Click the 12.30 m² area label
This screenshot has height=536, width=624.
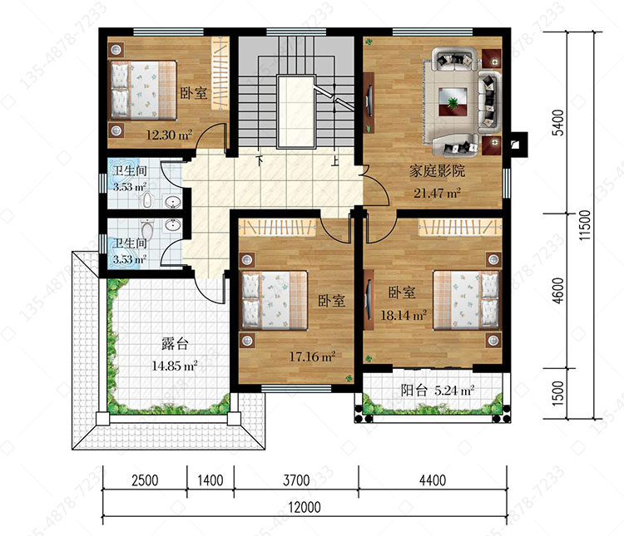[169, 135]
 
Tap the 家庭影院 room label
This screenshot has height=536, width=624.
[437, 171]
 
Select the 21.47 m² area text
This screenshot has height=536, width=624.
[437, 194]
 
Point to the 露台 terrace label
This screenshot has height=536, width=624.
[175, 343]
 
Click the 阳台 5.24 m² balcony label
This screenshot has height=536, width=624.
[438, 391]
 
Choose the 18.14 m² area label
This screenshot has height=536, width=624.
[404, 316]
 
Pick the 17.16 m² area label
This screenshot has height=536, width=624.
[312, 357]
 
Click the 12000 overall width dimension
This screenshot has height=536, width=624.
[305, 508]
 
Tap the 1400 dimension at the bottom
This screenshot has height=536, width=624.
[210, 480]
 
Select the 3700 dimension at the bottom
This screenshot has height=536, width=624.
[296, 480]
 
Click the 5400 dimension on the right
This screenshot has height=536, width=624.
[559, 122]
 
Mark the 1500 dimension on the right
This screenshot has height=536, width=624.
[559, 393]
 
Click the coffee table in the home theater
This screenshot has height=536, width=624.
[453, 102]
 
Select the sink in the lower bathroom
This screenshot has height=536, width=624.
[173, 226]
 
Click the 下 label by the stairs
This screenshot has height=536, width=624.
[260, 160]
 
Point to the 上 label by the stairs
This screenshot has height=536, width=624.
[335, 160]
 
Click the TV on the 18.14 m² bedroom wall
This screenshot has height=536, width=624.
[369, 299]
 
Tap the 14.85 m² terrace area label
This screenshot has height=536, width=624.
[175, 366]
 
